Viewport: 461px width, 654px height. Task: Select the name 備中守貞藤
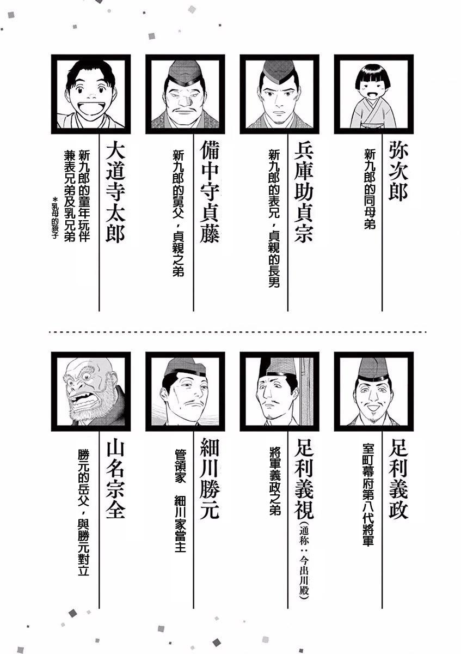pyautogui.click(x=210, y=193)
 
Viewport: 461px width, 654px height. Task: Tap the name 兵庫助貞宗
pyautogui.click(x=304, y=193)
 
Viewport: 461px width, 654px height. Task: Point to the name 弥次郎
pyautogui.click(x=398, y=172)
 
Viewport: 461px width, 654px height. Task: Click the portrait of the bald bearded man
pyautogui.click(x=91, y=391)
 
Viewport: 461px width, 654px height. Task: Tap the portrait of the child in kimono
pyautogui.click(x=373, y=94)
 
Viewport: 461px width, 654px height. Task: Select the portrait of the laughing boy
pyautogui.click(x=91, y=94)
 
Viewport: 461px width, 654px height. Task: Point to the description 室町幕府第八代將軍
pyautogui.click(x=368, y=495)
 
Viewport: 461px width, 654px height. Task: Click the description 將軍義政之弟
pyautogui.click(x=275, y=479)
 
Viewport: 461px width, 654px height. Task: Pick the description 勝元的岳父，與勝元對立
pyautogui.click(x=84, y=513)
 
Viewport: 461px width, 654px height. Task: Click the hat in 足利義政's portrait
pyautogui.click(x=374, y=369)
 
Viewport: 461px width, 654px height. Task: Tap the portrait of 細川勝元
pyautogui.click(x=185, y=391)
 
